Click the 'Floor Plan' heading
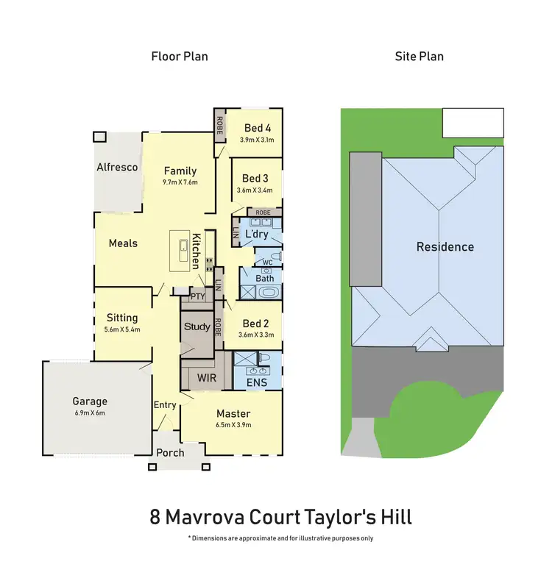point(180,56)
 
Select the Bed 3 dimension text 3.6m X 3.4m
point(255,190)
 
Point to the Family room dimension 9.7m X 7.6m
point(180,182)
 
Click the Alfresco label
point(117,167)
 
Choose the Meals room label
point(123,243)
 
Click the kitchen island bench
point(180,249)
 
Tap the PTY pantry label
point(197,296)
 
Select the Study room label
point(197,326)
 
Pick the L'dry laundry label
point(256,234)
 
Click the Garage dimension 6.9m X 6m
point(90,413)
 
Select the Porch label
point(170,452)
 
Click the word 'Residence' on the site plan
point(445,247)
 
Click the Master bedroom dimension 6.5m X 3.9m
point(233,425)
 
